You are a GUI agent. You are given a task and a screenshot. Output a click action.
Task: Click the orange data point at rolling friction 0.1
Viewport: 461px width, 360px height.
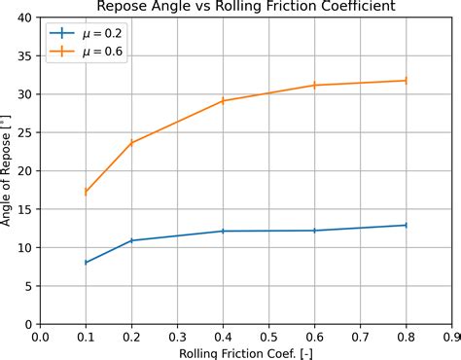(86, 192)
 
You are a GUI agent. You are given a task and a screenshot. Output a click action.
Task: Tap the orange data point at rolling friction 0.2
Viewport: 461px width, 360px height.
(131, 143)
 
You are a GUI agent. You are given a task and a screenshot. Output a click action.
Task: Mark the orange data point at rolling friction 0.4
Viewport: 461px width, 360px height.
(223, 100)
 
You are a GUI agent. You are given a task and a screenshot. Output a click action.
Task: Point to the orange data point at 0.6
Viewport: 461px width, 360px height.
(314, 86)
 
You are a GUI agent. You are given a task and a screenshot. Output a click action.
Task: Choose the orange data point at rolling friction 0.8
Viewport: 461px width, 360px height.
(406, 81)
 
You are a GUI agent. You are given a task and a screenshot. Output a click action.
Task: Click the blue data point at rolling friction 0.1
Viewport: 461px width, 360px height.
(86, 263)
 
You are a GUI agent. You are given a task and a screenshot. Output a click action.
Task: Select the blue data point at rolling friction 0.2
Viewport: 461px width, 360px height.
(131, 240)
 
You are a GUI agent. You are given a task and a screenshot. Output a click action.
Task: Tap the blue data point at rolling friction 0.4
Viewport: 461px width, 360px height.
(223, 231)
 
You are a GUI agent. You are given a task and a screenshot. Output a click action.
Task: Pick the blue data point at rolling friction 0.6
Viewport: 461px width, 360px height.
(314, 231)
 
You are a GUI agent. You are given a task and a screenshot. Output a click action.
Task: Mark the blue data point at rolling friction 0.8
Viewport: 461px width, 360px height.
(406, 225)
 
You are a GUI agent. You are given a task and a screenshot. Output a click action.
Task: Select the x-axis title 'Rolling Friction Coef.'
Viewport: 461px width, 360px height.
(245, 351)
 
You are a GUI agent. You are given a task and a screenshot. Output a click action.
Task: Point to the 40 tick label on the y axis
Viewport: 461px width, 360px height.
(22, 18)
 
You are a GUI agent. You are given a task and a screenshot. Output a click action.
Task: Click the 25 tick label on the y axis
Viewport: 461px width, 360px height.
(22, 133)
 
